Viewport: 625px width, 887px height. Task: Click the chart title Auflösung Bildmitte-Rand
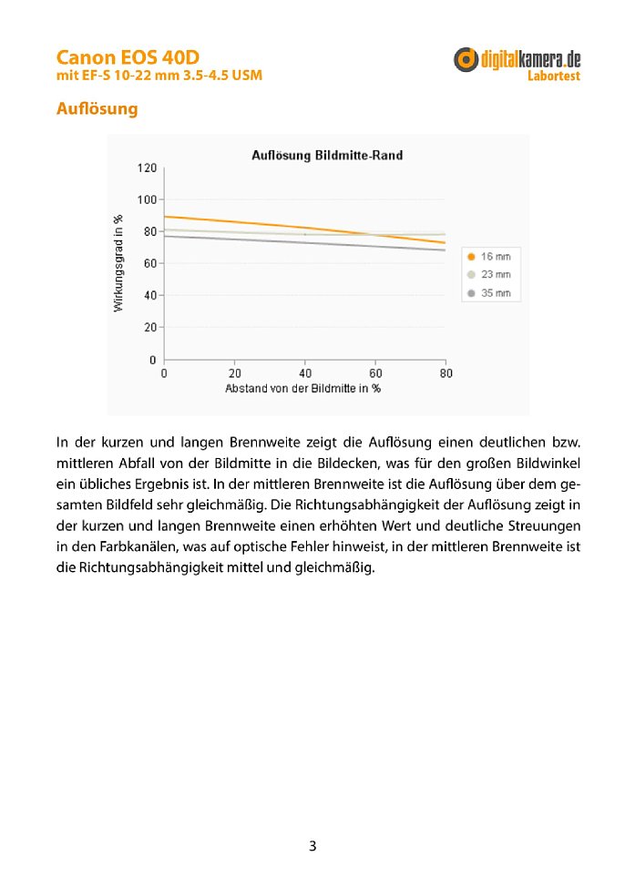pos(327,156)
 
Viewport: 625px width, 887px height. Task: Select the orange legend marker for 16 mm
pos(470,257)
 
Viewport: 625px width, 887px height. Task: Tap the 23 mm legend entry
pos(488,274)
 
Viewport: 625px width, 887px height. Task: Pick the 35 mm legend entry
pos(488,293)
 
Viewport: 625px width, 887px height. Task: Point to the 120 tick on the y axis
pos(147,168)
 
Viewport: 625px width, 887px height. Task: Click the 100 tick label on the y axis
pos(147,199)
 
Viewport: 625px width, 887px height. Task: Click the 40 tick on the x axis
pos(305,373)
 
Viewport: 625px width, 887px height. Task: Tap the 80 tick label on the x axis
pos(446,373)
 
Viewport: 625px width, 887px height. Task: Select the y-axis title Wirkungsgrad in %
pos(118,263)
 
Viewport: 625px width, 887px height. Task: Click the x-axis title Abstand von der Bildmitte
pos(289,389)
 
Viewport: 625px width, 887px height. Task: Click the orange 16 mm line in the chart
pos(304,228)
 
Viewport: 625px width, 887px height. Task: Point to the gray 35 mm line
pos(304,242)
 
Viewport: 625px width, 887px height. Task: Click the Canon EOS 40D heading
pos(128,57)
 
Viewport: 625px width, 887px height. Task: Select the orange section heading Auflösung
pos(97,108)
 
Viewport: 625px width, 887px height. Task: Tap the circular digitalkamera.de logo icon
pos(466,59)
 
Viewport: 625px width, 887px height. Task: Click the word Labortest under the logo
pos(554,76)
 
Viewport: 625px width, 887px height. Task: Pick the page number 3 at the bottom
pos(312,846)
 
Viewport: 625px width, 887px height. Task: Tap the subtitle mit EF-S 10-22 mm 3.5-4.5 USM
pos(159,76)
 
